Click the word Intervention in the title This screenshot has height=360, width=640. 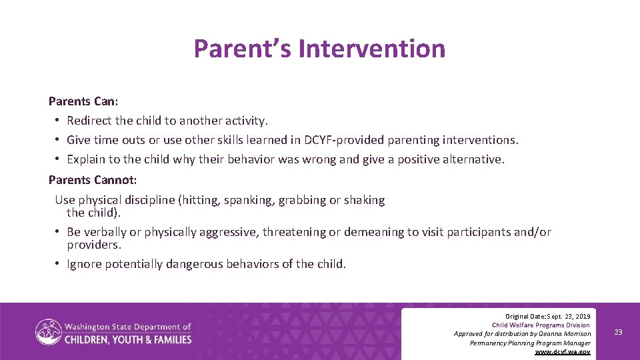(x=371, y=49)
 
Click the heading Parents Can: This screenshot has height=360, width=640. (x=83, y=101)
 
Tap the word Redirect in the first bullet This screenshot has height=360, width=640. (x=89, y=121)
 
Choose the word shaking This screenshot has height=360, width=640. (x=364, y=200)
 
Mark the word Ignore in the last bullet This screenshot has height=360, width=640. (x=85, y=264)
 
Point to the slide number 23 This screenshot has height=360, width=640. (x=618, y=332)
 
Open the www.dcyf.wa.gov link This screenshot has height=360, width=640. (x=563, y=352)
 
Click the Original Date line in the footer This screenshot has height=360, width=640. (x=547, y=315)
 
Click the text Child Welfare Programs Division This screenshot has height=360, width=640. (x=541, y=325)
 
